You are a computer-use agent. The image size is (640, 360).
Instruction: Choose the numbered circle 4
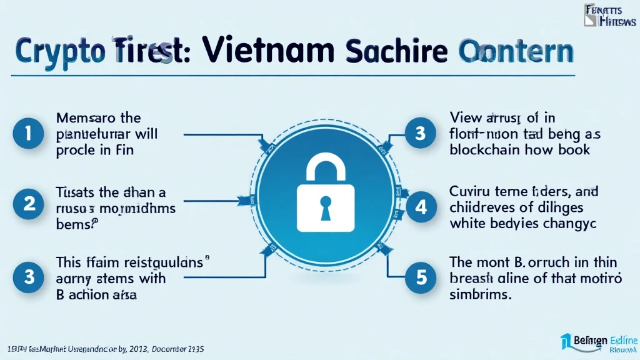coord(421,207)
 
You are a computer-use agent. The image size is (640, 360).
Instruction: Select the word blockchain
coord(484,149)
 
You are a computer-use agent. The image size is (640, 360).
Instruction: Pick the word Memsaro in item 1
coord(82,117)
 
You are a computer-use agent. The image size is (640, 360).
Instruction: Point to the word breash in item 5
coord(470,278)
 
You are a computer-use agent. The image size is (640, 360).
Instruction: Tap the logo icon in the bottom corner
coord(567,341)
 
